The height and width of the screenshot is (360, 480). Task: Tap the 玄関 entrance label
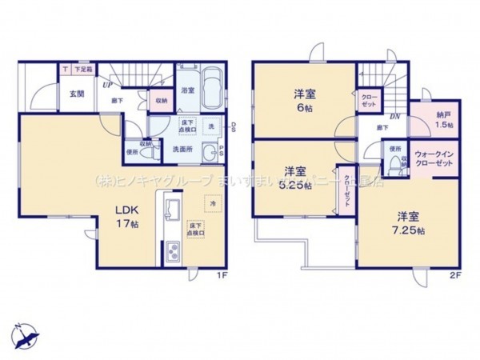point(76,94)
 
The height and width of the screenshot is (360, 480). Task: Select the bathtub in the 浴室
point(211,83)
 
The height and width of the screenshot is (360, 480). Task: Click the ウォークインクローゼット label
point(434,158)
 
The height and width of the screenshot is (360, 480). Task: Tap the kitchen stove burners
point(173,255)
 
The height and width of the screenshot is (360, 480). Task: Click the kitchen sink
point(170,210)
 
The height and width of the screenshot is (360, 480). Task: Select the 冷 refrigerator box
point(213,202)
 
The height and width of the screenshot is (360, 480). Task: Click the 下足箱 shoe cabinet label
point(83,69)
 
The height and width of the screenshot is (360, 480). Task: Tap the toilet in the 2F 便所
point(394,165)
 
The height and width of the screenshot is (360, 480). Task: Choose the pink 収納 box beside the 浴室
point(161,101)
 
